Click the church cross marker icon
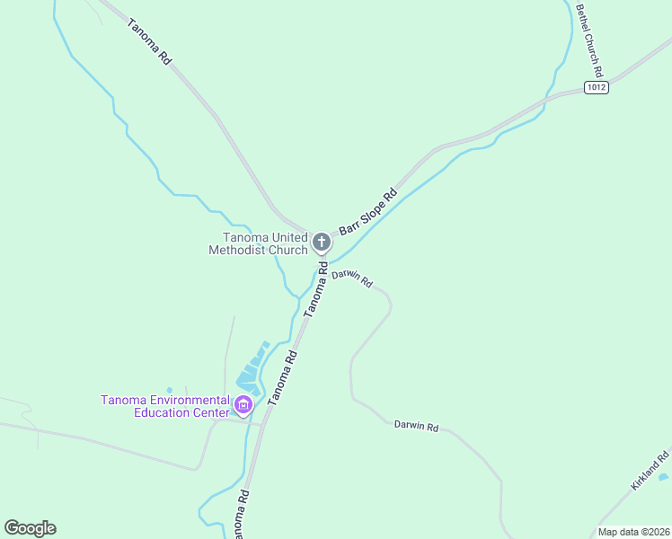click(x=322, y=242)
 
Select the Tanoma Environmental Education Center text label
click(x=165, y=406)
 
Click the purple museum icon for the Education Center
click(x=243, y=406)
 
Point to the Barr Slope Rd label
click(x=367, y=212)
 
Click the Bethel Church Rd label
click(x=589, y=40)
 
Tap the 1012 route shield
click(x=596, y=87)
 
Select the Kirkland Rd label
click(x=650, y=470)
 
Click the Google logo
click(x=30, y=528)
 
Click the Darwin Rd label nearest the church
click(x=351, y=278)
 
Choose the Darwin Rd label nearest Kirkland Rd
click(x=416, y=427)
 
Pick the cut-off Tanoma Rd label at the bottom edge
click(x=240, y=517)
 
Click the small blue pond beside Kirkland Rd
click(x=663, y=477)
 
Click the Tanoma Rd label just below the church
click(x=315, y=288)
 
